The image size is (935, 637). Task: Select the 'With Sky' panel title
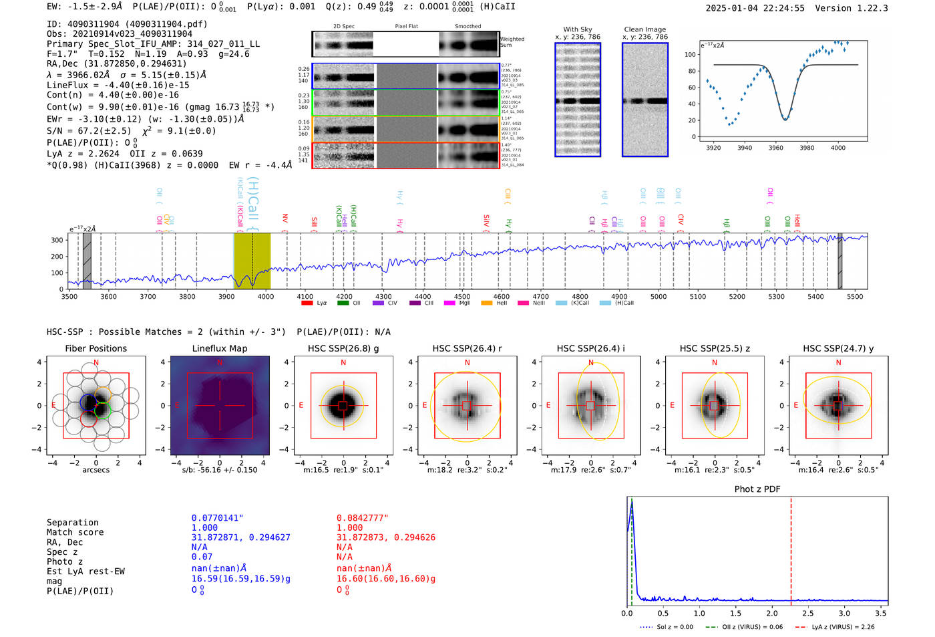coord(578,29)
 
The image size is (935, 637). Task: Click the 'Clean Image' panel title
coord(644,29)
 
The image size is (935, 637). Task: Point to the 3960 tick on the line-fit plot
coord(775,148)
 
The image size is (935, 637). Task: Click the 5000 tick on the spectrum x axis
coord(659,296)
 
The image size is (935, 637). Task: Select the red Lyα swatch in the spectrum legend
coord(307,303)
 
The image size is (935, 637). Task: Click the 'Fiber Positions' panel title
coord(96,348)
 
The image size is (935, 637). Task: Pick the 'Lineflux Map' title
coord(220,348)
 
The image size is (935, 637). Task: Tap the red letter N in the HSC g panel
coord(343,362)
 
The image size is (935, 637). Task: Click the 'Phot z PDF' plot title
coord(757,489)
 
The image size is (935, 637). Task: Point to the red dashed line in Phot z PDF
coord(791,548)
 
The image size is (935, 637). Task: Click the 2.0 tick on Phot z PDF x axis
coord(771,613)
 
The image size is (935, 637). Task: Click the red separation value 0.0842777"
coord(362,518)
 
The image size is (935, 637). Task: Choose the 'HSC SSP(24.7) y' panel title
coord(838,348)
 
